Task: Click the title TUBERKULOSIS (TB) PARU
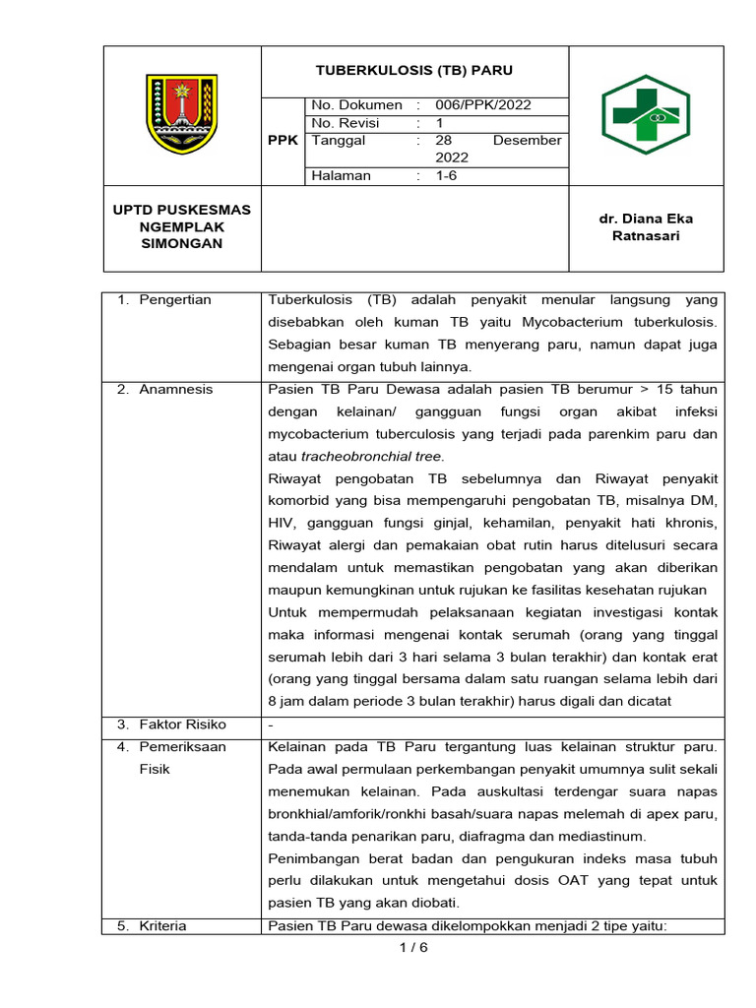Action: click(x=413, y=71)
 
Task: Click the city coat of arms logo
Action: click(x=181, y=114)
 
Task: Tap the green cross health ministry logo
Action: click(x=646, y=114)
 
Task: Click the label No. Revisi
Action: click(x=346, y=123)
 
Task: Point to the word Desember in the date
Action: click(x=527, y=141)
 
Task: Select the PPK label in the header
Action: click(x=283, y=141)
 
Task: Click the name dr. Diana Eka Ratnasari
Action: click(x=646, y=227)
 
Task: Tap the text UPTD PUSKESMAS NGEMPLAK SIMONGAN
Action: click(x=181, y=226)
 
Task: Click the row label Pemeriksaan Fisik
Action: click(x=182, y=758)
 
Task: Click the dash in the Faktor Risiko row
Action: click(x=271, y=725)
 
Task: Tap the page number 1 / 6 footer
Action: click(x=413, y=948)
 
